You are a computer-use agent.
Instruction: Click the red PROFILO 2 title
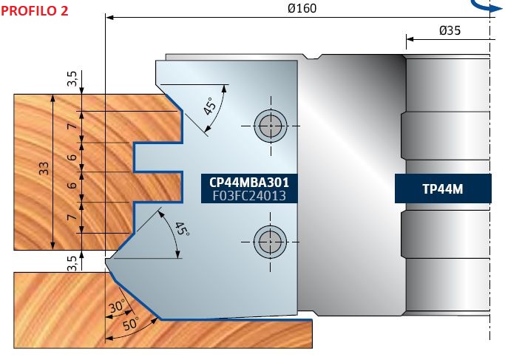[35, 10]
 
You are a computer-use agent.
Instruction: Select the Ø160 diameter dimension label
[302, 8]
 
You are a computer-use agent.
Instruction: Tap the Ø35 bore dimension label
[450, 30]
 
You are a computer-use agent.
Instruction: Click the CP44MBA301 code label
[249, 183]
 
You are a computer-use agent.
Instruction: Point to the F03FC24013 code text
[249, 196]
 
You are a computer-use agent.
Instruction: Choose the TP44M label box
[443, 189]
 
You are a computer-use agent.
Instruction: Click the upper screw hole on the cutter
[270, 126]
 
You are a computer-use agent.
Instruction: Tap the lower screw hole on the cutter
[270, 242]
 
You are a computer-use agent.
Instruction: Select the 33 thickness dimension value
[44, 168]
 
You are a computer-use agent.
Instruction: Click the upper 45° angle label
[210, 106]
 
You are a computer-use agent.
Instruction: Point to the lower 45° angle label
[182, 229]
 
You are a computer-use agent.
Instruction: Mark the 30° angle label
[117, 307]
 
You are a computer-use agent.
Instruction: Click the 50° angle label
[131, 324]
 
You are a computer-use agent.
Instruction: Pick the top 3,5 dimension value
[72, 79]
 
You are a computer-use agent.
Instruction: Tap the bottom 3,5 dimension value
[72, 263]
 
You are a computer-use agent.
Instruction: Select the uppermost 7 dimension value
[72, 126]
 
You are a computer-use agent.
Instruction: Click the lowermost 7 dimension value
[72, 217]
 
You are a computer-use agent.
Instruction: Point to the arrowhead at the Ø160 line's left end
[109, 17]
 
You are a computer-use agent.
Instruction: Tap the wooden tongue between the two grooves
[156, 187]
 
